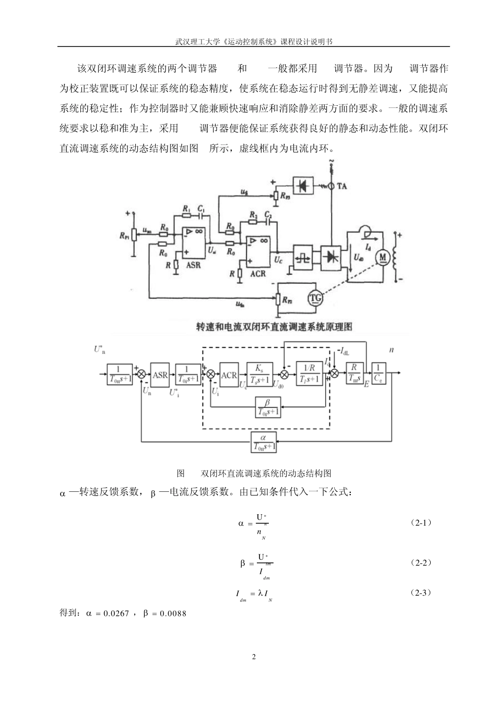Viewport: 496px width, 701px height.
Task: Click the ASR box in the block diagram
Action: click(160, 374)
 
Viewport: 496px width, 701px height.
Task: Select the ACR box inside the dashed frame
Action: click(229, 374)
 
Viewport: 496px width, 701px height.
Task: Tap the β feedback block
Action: click(268, 406)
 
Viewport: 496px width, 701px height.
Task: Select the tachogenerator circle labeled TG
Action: click(316, 298)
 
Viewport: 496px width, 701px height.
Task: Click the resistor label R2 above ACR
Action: click(253, 215)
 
